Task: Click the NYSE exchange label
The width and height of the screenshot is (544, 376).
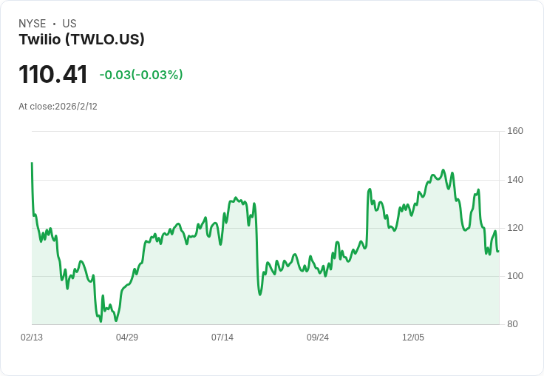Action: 32,24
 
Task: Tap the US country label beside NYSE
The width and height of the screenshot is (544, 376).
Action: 69,24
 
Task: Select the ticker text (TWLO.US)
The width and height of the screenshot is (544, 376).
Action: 105,40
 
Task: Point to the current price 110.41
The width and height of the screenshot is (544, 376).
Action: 53,74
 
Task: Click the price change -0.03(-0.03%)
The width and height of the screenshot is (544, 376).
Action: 141,75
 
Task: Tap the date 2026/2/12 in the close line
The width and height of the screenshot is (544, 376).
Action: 76,107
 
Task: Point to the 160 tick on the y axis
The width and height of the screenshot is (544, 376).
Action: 514,131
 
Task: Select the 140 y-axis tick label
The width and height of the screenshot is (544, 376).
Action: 514,180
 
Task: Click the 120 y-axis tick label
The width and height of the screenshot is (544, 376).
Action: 514,228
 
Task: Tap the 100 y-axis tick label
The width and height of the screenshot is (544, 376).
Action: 514,276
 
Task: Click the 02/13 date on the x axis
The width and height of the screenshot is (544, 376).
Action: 32,338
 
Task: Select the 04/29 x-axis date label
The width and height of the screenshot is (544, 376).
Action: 127,338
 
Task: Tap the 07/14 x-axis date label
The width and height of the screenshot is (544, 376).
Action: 222,338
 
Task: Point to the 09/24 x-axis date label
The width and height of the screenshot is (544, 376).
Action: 318,338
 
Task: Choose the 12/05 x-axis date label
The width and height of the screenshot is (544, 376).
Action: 413,338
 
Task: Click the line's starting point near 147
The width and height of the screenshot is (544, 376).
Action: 32,163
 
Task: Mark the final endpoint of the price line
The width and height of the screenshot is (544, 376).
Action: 498,251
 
